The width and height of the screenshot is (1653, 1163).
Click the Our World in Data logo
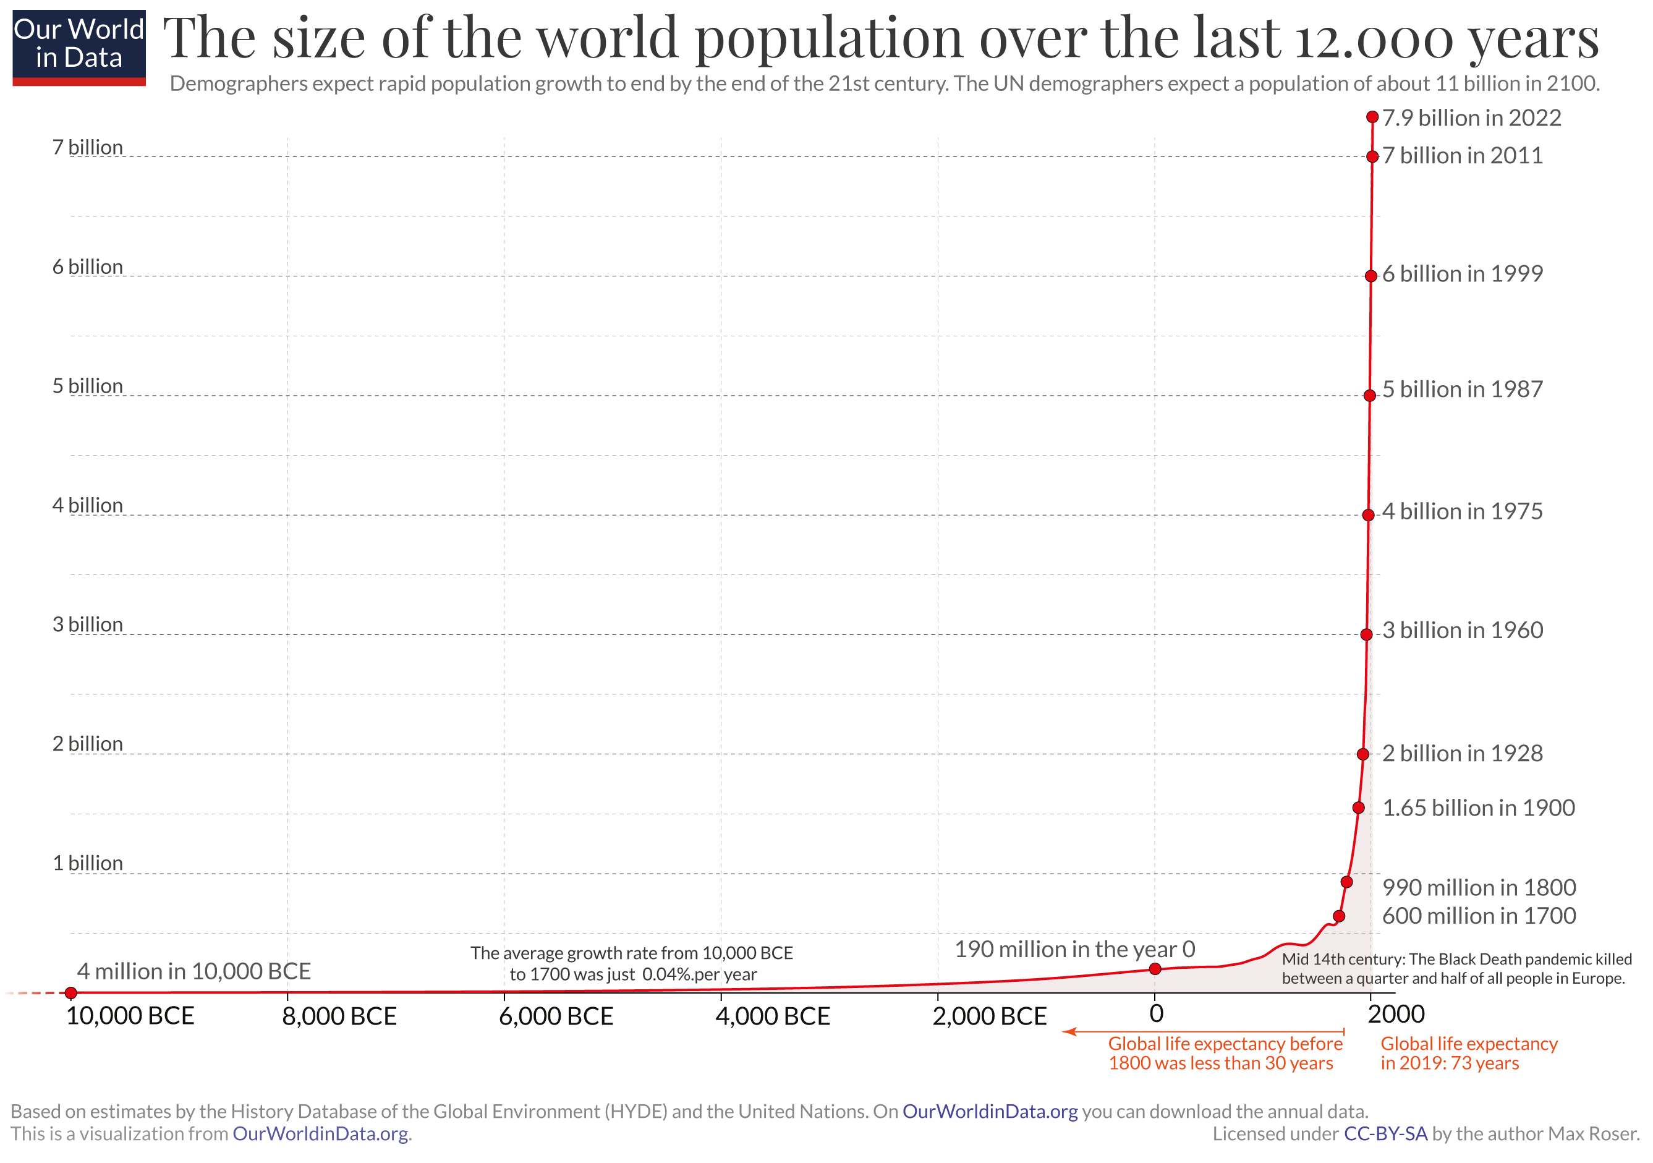tap(79, 48)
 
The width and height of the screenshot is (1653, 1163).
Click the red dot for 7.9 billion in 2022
tap(1372, 117)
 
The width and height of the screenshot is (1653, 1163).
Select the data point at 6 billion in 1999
tap(1370, 276)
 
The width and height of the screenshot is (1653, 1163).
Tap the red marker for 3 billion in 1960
tap(1366, 634)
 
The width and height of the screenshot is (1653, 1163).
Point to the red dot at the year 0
tap(1155, 969)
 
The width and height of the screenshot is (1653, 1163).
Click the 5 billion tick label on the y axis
tap(87, 386)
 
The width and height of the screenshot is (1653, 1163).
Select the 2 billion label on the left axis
tap(87, 744)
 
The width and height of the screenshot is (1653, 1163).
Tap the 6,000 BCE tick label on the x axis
tap(556, 1016)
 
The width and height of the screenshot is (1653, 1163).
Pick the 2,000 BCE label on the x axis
tap(989, 1016)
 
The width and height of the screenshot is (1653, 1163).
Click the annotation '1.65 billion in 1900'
tap(1478, 808)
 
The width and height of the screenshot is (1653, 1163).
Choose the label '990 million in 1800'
tap(1479, 887)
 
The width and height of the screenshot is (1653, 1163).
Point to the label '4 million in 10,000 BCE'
tap(193, 971)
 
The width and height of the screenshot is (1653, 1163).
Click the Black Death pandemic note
tap(1456, 969)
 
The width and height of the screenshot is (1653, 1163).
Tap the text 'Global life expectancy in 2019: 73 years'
tap(1468, 1053)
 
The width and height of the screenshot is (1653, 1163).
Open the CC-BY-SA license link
tap(1385, 1134)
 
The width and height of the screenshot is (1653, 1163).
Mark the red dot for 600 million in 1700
tap(1339, 916)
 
